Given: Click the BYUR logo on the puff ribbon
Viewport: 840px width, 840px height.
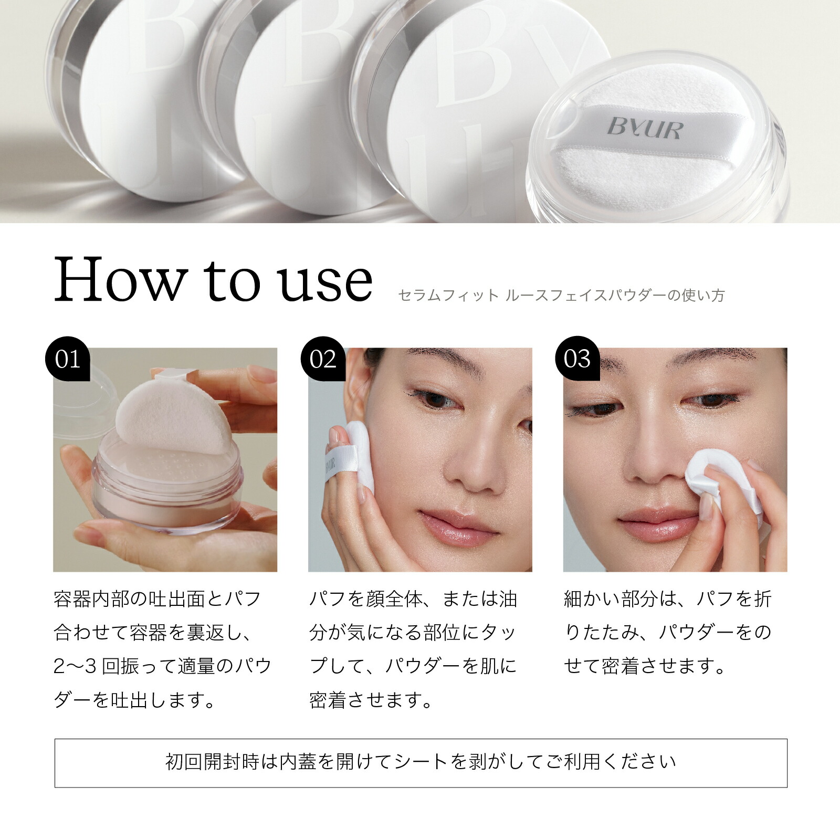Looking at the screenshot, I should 645,128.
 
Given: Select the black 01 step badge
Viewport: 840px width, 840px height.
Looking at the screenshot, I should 68,360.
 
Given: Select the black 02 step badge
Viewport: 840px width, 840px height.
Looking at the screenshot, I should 323,360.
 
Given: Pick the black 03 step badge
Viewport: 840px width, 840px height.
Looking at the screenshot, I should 577,360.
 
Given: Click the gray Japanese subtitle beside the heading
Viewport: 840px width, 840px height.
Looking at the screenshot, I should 561,296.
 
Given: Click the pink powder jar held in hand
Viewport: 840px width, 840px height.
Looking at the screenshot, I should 168,491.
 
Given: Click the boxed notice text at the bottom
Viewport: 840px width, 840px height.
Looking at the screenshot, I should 421,762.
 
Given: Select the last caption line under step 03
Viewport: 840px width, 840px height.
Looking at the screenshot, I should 645,666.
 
